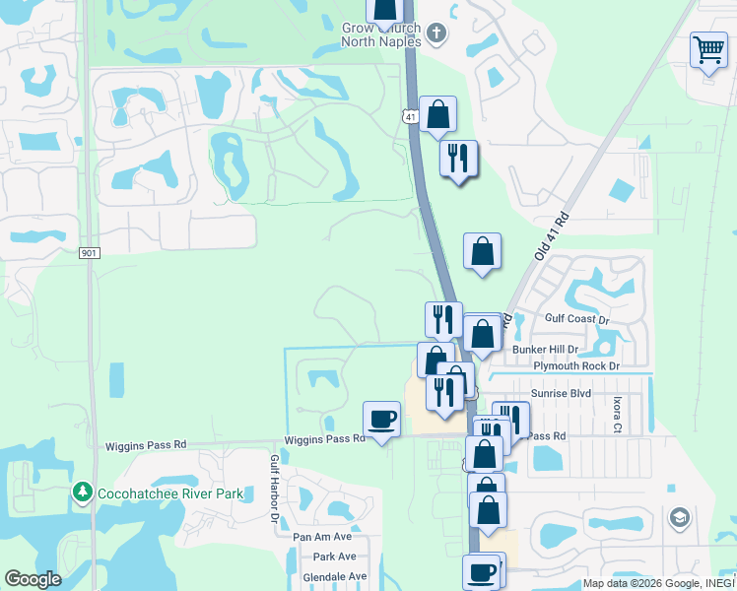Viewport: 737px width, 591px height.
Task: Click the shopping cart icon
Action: tap(708, 49)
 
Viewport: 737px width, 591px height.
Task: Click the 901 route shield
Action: tap(90, 253)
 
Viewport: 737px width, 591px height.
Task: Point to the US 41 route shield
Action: tap(410, 116)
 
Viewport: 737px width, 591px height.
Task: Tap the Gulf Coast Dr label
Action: tap(577, 319)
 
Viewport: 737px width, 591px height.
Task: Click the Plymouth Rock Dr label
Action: tap(576, 365)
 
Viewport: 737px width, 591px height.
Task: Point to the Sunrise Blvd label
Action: tap(560, 392)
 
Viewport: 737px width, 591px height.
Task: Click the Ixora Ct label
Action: tap(617, 415)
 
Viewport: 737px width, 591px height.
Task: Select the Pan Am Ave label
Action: tap(322, 537)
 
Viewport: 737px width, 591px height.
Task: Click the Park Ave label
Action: tap(335, 557)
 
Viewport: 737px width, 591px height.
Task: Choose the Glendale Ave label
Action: tap(335, 576)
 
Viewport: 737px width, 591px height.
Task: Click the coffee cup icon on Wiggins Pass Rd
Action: tap(381, 420)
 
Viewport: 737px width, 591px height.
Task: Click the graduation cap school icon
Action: tap(679, 518)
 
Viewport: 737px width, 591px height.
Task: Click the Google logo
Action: tap(33, 579)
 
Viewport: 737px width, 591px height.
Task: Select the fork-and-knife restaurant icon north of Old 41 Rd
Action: tap(458, 159)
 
